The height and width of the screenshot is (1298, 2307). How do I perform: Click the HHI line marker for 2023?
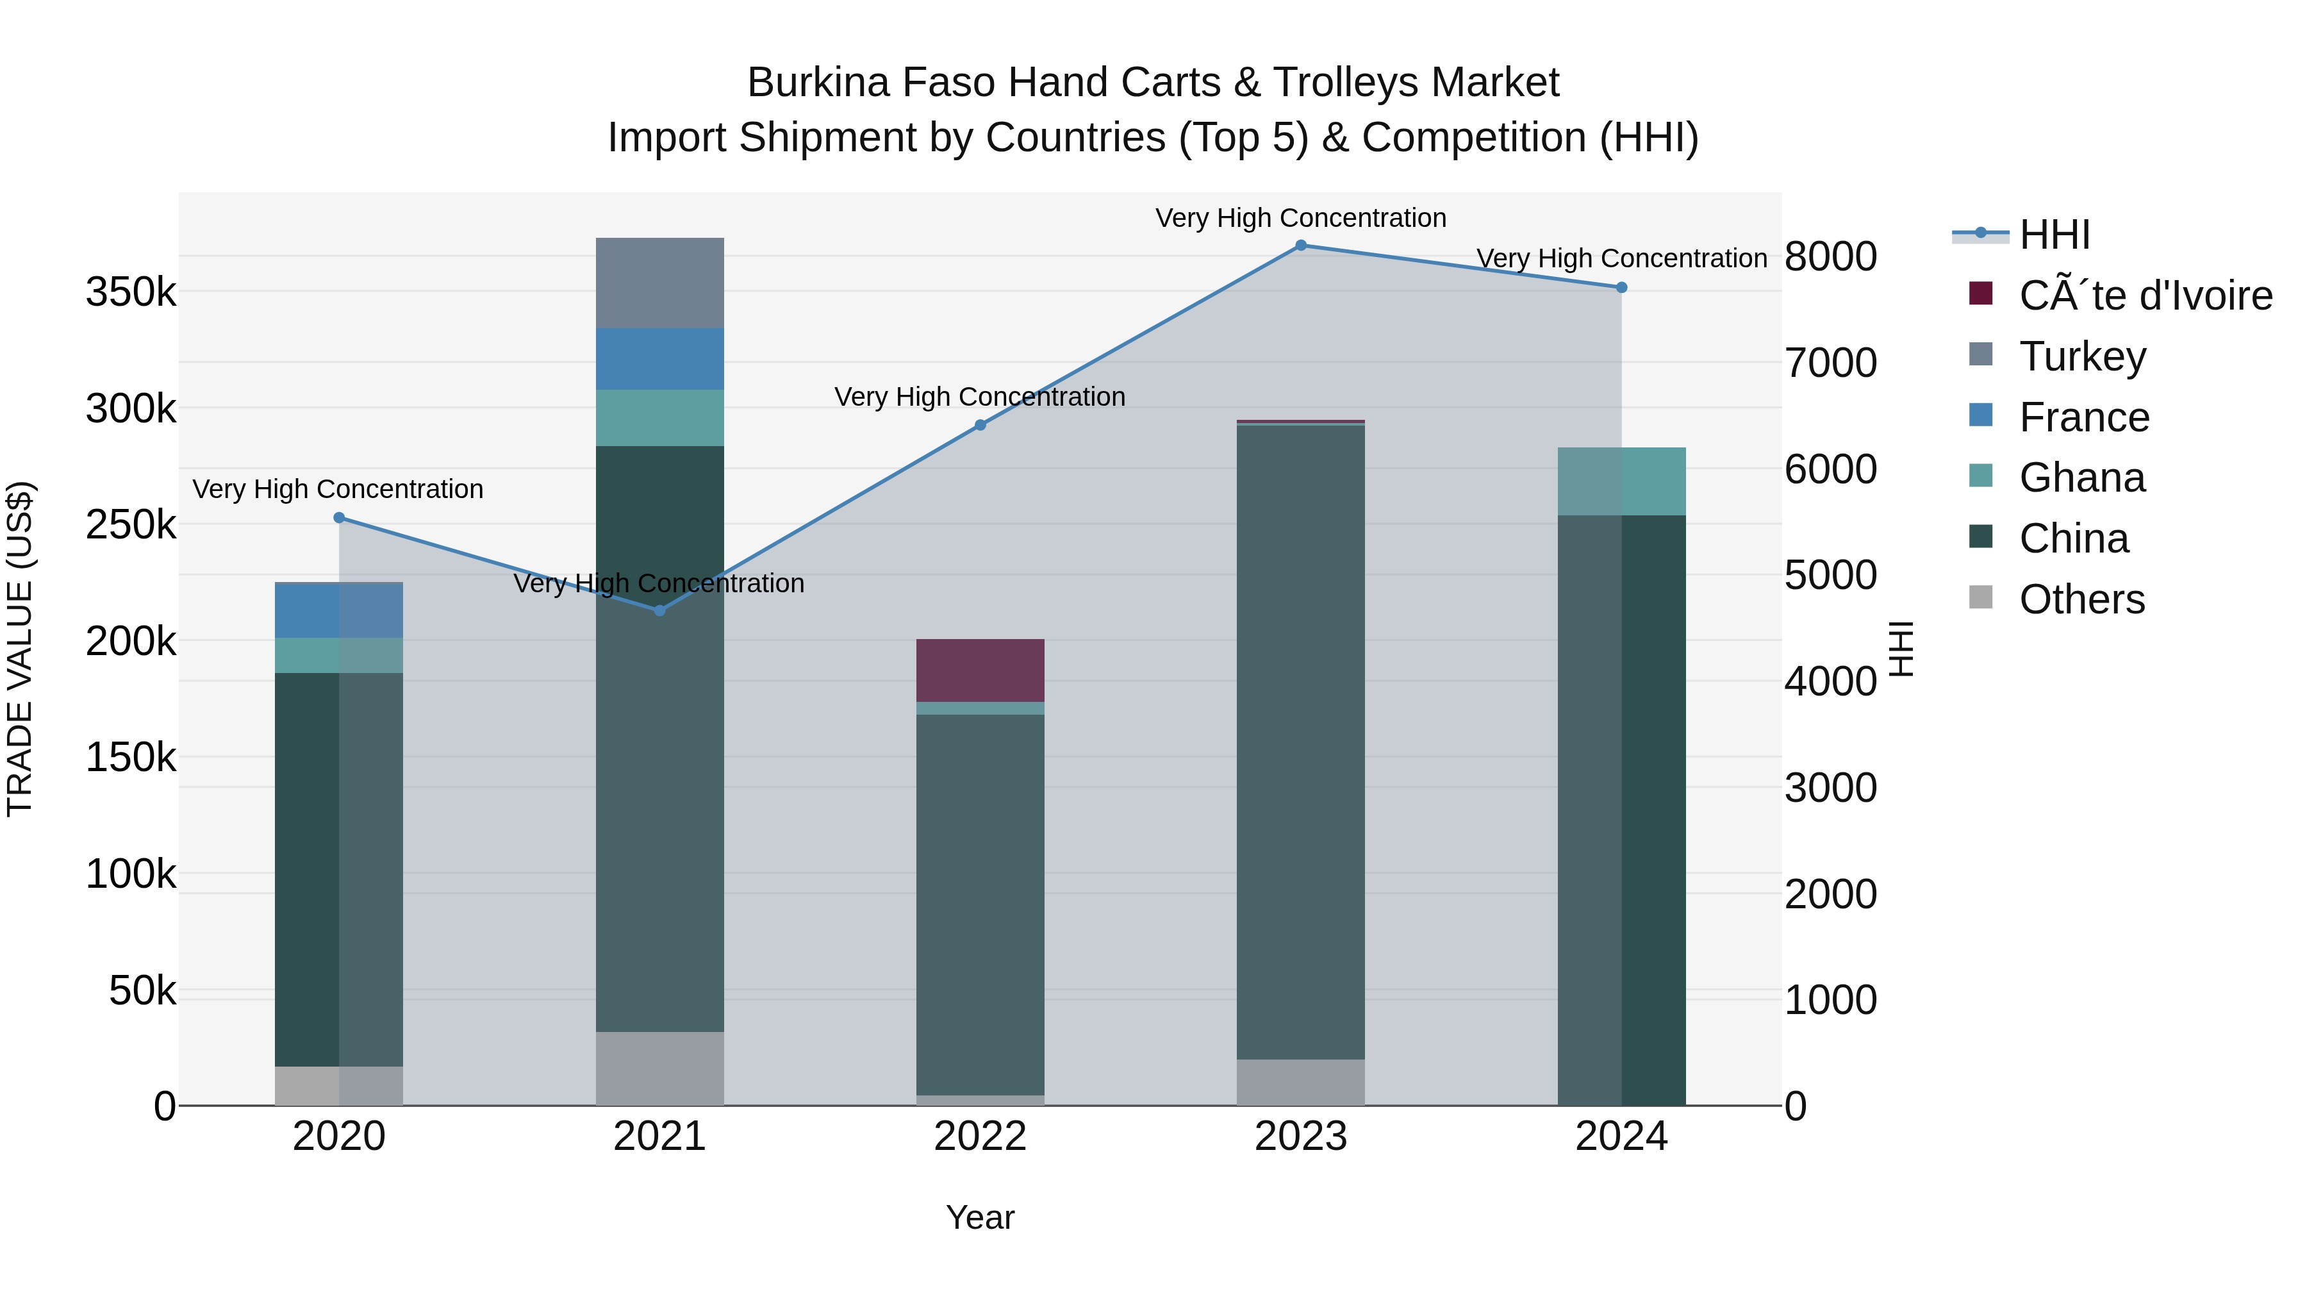[1300, 245]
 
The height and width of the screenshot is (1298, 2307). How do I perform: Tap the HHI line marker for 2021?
[659, 611]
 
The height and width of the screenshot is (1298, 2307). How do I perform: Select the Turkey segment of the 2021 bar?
[659, 283]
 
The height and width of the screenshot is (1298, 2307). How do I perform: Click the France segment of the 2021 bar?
[659, 359]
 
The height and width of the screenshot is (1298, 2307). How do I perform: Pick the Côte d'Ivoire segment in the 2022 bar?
[980, 670]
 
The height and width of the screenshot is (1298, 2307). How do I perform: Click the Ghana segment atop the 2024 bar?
[1621, 481]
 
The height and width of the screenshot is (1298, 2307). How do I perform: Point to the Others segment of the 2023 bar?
[1300, 1082]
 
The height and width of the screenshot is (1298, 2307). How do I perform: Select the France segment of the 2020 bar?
[338, 611]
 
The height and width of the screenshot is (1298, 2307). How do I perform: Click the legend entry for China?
[2073, 539]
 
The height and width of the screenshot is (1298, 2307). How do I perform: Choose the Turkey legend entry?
[2082, 356]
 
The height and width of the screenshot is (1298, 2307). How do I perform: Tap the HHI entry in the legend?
[2055, 235]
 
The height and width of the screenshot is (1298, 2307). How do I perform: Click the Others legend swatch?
[1981, 597]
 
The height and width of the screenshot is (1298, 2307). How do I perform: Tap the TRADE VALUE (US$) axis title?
[20, 649]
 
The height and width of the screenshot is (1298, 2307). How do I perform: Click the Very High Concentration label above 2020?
[338, 489]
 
